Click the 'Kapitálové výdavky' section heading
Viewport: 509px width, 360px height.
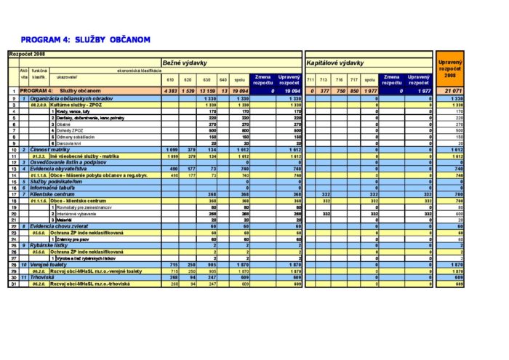[334, 63]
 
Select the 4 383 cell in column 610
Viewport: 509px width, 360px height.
[168, 91]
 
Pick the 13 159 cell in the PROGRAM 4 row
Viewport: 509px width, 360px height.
[207, 91]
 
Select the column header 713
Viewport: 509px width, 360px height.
[325, 79]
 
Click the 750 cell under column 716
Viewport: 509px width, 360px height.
[340, 91]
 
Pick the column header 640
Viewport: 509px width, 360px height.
[223, 79]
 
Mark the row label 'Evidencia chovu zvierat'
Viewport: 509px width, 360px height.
[63, 226]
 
